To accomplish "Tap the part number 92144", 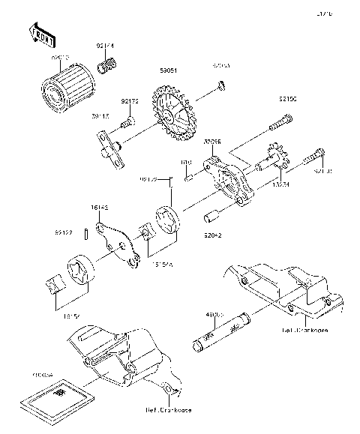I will tap(104, 46).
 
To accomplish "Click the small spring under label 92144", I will tap(106, 70).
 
